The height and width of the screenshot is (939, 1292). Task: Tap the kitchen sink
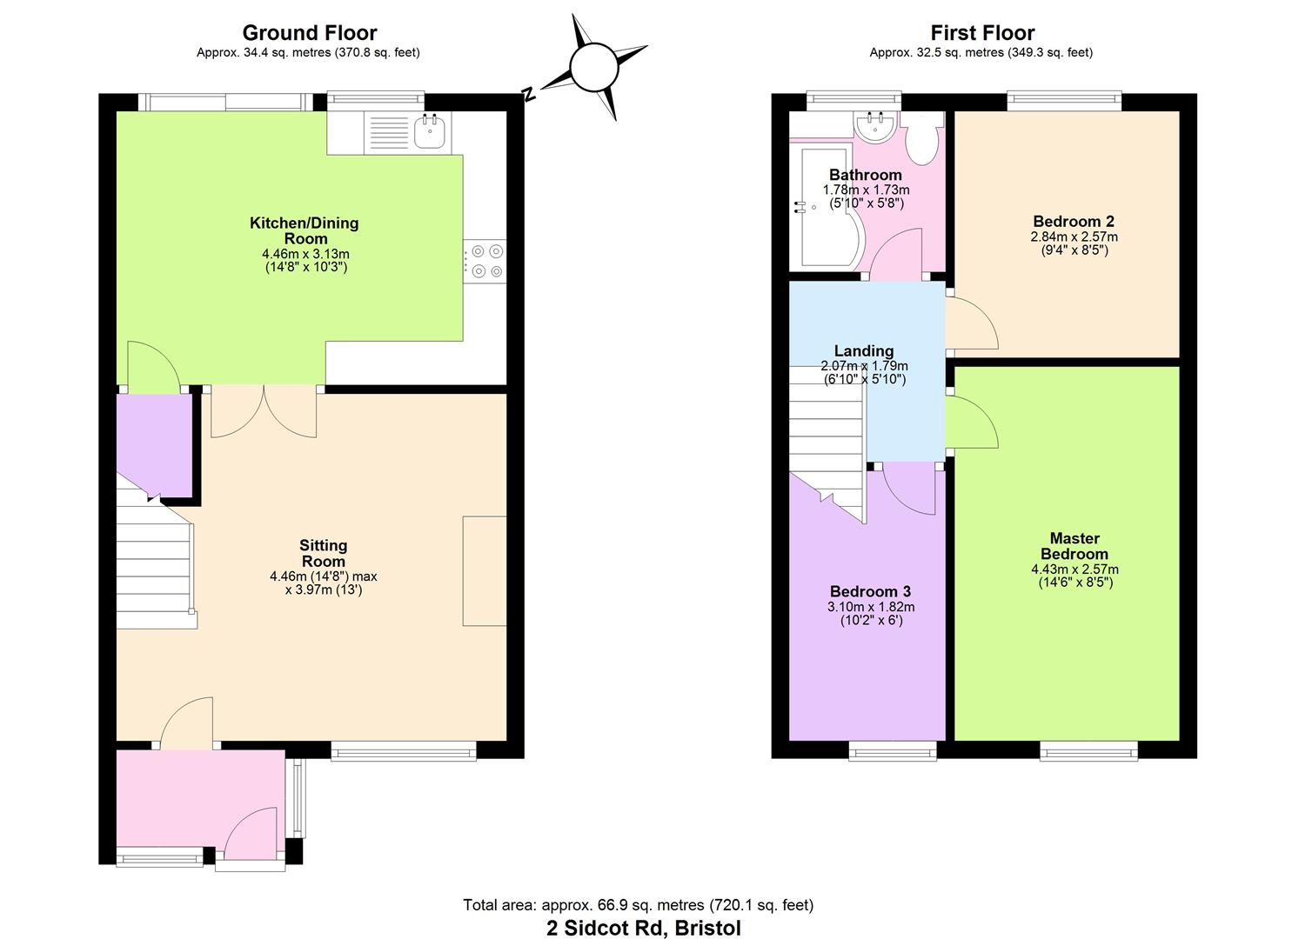pos(431,132)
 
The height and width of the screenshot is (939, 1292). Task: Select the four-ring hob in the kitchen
pos(485,262)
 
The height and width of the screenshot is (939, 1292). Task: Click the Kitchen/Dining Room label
pos(305,230)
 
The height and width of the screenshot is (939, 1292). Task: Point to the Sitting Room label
pos(324,553)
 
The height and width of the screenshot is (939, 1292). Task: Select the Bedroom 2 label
pos(1074,222)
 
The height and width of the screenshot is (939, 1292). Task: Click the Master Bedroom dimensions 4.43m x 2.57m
pos(1074,569)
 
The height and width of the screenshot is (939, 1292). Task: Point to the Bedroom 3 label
pos(870,591)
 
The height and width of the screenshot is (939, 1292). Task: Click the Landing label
pos(864,351)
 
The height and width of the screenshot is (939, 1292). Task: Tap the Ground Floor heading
pos(309,33)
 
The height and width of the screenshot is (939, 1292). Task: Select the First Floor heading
pos(982,33)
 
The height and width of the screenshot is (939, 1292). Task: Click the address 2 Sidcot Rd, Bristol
pos(644,928)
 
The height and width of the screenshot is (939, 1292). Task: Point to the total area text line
pos(639,905)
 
